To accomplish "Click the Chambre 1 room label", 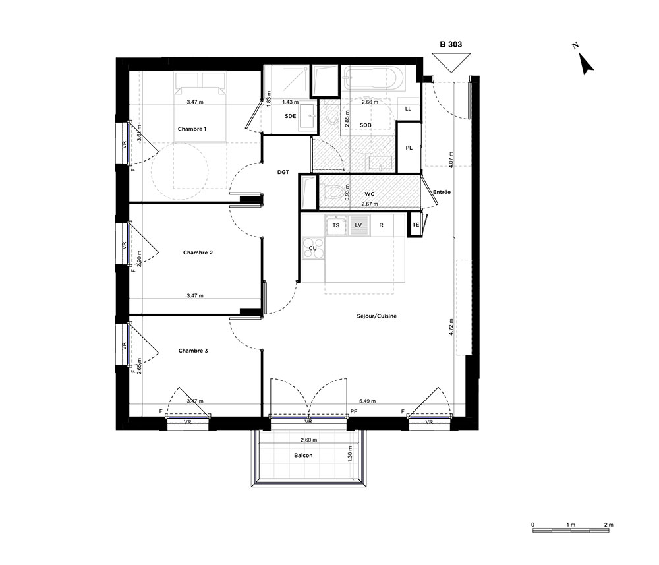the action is [x=192, y=129].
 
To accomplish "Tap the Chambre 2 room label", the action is [x=198, y=253].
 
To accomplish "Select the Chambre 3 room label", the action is [x=193, y=351].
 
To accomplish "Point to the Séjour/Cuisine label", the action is [x=376, y=316].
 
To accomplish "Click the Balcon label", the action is [x=303, y=456].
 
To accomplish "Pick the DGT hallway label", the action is [x=283, y=172].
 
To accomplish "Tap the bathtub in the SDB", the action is [x=373, y=78].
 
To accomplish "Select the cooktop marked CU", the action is [x=313, y=249].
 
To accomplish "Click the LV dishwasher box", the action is [x=358, y=225].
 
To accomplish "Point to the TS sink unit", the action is [x=336, y=225].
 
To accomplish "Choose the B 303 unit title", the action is [x=451, y=44].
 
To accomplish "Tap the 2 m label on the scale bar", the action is [x=608, y=525].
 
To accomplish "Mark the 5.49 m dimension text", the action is [x=368, y=401].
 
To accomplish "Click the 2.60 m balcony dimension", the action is [x=309, y=440].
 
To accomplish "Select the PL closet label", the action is [x=409, y=148].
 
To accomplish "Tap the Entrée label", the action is [x=442, y=192].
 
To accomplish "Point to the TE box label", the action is [x=416, y=225].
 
